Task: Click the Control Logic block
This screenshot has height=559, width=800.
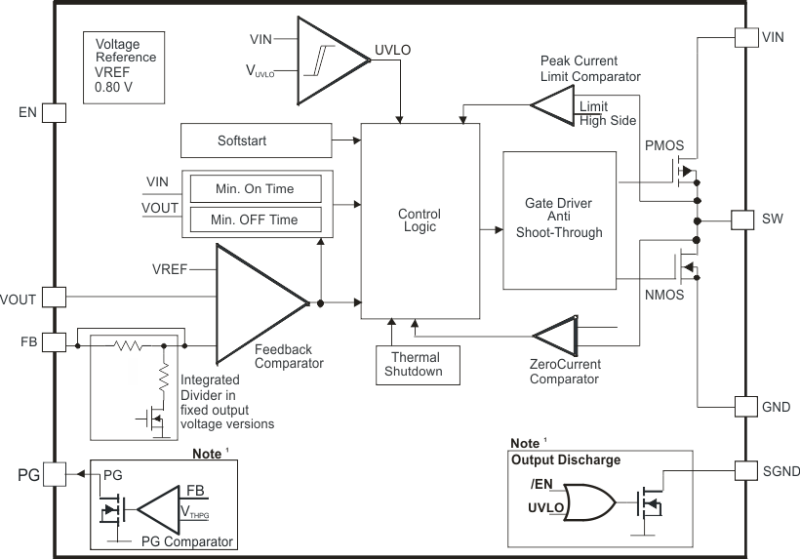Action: tap(420, 220)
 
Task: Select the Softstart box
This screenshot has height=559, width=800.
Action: tap(256, 141)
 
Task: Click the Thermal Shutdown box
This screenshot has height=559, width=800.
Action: tap(416, 364)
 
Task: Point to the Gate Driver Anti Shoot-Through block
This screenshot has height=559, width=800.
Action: tap(559, 220)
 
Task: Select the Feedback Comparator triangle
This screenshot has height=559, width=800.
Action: tap(256, 302)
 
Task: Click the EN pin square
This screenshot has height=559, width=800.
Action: tap(54, 112)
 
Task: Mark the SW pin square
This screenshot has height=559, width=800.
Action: tap(745, 220)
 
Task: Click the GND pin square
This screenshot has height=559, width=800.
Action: tap(745, 406)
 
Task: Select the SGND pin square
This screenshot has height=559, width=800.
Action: tap(745, 471)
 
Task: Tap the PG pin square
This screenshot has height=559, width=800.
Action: tap(54, 474)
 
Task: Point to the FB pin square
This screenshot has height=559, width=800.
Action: tap(54, 340)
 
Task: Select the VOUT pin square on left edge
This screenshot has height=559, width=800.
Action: tap(54, 296)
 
